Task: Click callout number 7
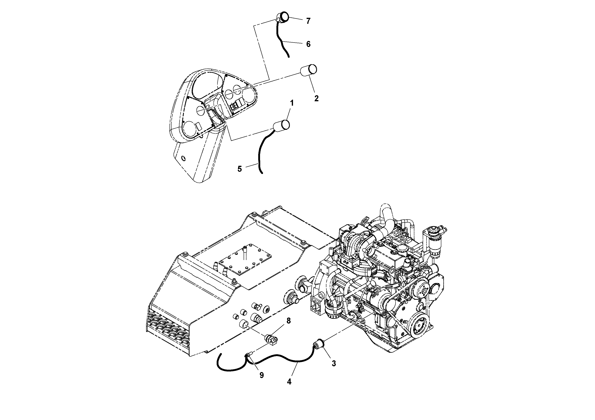308,21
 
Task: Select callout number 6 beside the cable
308,44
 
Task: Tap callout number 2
316,98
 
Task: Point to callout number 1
292,103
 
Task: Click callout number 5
239,169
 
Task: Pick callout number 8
288,321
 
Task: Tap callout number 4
289,382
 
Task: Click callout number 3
334,363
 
